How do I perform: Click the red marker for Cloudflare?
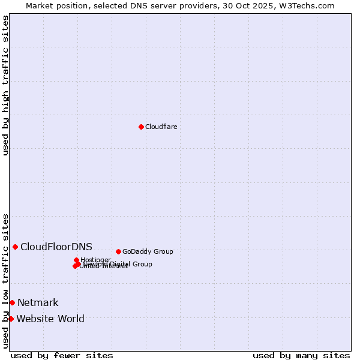click(x=141, y=127)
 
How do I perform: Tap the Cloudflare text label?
click(x=161, y=127)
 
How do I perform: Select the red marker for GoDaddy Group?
click(x=118, y=251)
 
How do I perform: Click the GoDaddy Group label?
click(x=148, y=251)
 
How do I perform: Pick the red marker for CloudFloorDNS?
click(x=15, y=247)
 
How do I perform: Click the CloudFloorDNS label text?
click(x=56, y=247)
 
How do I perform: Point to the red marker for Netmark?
click(x=12, y=302)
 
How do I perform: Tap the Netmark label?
click(x=38, y=302)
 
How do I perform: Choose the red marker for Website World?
click(x=11, y=319)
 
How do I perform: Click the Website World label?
click(x=50, y=319)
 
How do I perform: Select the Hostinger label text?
click(x=95, y=260)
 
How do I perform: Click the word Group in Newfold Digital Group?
click(x=142, y=264)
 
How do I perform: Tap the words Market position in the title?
click(x=54, y=5)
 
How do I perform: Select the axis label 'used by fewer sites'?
click(x=62, y=355)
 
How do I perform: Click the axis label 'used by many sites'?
click(x=301, y=355)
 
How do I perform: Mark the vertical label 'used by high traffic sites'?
click(x=5, y=85)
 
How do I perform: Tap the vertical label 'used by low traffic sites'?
click(x=5, y=281)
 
